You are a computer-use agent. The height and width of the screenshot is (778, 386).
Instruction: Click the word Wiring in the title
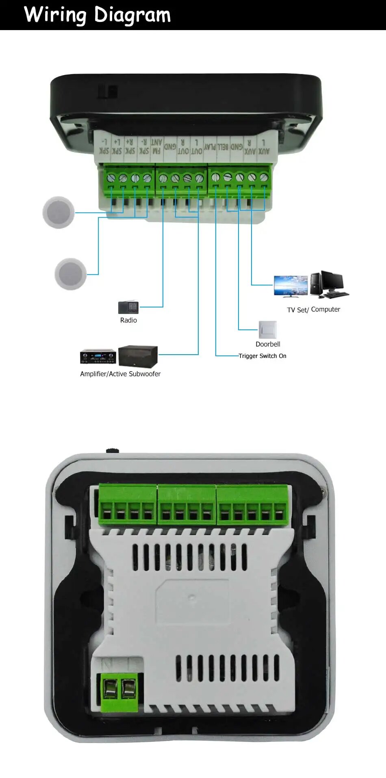coord(55,15)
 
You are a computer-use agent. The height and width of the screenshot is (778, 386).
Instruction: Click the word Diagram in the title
coord(132,15)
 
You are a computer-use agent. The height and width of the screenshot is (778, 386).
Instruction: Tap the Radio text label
coord(128,320)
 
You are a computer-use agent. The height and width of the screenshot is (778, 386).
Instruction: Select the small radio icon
coord(128,307)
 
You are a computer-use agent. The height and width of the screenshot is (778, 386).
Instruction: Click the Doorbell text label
coord(268,344)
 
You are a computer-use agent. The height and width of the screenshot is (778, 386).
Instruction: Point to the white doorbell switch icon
coord(268,329)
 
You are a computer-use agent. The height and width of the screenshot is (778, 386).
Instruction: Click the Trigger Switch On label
coord(262,356)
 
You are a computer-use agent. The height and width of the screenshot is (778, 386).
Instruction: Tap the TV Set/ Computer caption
coord(313,309)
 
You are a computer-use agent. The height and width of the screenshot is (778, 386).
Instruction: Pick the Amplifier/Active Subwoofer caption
coord(120,374)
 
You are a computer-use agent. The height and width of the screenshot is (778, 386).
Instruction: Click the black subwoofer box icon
coord(138,356)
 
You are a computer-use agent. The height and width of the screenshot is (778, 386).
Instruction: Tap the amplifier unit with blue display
coord(98,356)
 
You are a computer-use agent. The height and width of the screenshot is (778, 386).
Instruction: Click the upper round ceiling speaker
coord(59,212)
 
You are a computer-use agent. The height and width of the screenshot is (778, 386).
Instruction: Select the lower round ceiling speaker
coord(71,274)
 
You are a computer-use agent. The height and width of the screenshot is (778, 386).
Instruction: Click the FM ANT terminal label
coord(156,146)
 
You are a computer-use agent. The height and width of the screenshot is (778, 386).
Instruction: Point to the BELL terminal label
coord(223,146)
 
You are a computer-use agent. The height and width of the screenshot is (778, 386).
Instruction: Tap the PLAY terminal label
coord(210,146)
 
